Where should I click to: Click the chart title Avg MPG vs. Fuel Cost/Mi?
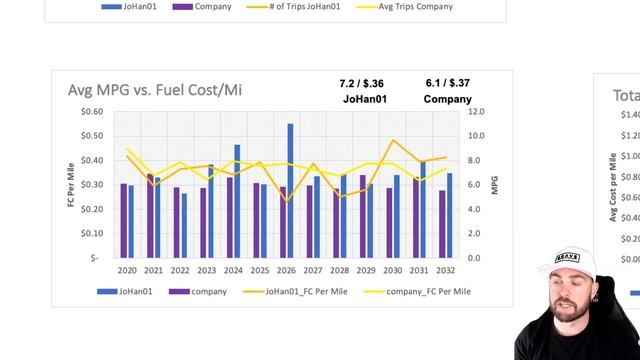click(154, 90)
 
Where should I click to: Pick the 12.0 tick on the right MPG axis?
click(477, 111)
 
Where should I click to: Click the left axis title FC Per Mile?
click(71, 184)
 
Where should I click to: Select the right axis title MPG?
click(494, 184)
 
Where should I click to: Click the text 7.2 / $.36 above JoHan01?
click(362, 84)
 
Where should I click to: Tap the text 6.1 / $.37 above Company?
click(447, 84)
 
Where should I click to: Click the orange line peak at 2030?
click(393, 141)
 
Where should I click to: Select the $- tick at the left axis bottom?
click(96, 258)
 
